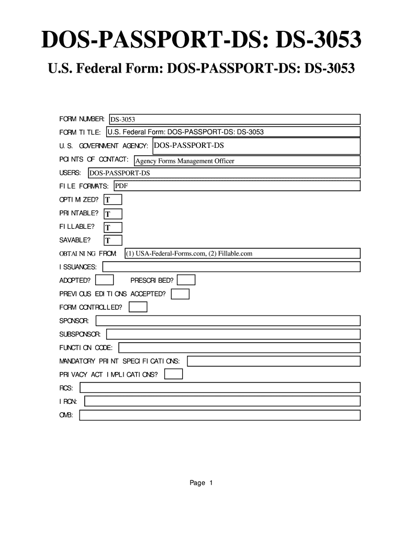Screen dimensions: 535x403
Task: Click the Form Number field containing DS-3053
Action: tap(234, 120)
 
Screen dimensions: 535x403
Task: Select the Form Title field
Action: tap(233, 132)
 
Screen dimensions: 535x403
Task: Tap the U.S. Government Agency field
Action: tap(256, 146)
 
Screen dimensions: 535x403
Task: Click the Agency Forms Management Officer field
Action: tap(247, 161)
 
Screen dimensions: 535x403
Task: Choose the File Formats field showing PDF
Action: tap(236, 186)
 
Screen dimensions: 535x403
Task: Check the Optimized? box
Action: tap(113, 200)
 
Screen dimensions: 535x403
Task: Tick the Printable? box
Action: tap(113, 214)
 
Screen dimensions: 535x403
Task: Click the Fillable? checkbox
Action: tap(113, 227)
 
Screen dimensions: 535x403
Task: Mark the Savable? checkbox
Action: tap(113, 240)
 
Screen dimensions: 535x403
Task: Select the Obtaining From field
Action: tap(242, 253)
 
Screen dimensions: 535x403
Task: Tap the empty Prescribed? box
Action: tap(186, 280)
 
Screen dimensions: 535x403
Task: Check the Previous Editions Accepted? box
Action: tap(180, 294)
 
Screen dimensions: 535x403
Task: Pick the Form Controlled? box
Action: tap(138, 307)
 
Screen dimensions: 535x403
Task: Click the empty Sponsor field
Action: tap(227, 320)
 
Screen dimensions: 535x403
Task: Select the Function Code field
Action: tap(240, 347)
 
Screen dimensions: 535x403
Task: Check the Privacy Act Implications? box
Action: tap(173, 374)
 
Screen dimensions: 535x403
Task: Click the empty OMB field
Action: tap(219, 415)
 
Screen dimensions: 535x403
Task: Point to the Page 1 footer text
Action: tap(201, 483)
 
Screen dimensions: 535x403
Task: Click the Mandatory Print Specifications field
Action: tap(274, 361)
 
